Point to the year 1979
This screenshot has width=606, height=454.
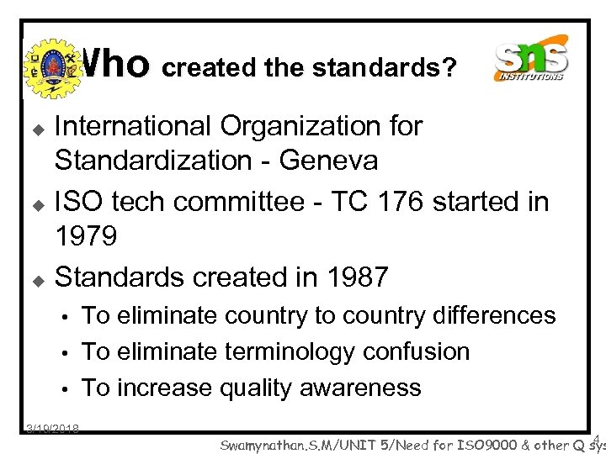coord(86,236)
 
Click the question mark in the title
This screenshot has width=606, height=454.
coord(451,67)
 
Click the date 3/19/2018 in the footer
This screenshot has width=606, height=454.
coord(52,429)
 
